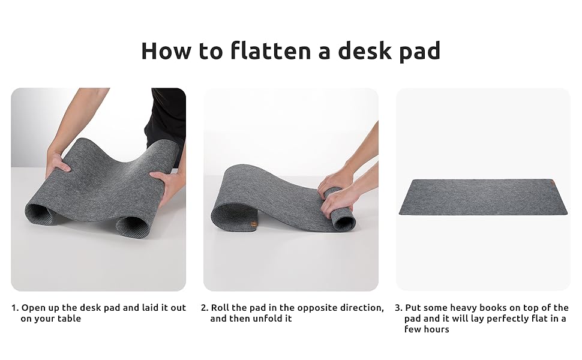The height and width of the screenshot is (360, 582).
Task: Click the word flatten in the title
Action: point(270,51)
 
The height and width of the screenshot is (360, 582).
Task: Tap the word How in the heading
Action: point(166,51)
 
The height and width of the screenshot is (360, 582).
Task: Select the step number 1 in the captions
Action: point(14,308)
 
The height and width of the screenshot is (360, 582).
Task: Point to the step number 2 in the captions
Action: point(205,308)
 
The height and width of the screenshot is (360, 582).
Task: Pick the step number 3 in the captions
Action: point(398,308)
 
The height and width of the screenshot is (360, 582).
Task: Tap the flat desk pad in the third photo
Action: point(483,197)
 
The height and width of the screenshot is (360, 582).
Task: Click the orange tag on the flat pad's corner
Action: point(553,182)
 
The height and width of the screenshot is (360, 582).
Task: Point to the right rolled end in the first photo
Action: point(132,226)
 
